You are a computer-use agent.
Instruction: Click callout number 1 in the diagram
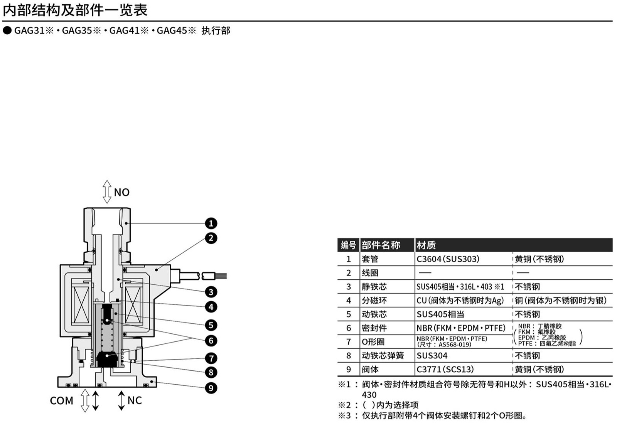click(x=211, y=223)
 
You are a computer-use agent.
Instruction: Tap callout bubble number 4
click(x=211, y=307)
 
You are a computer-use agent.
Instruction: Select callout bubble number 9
click(x=211, y=388)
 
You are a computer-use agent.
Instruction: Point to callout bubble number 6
click(x=211, y=341)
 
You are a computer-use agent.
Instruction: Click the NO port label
click(x=122, y=193)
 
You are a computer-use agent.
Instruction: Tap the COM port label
click(x=62, y=400)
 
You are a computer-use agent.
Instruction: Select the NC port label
click(x=135, y=400)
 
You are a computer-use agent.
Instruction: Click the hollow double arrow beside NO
click(x=107, y=192)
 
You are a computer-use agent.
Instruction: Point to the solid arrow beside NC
click(x=121, y=400)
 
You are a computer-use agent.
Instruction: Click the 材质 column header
click(x=426, y=245)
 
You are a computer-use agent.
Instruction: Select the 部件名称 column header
click(x=381, y=245)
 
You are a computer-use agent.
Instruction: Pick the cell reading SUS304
click(x=432, y=356)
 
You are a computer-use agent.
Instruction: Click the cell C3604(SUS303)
click(x=448, y=259)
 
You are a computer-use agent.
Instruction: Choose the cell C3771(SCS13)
click(x=445, y=369)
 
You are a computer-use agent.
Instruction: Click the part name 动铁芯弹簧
click(x=383, y=356)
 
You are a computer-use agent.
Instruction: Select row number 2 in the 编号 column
click(x=349, y=273)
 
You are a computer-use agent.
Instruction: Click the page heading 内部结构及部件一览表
click(x=75, y=10)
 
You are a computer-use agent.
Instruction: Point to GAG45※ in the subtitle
click(x=177, y=30)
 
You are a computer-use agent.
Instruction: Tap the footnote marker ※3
click(x=345, y=415)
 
